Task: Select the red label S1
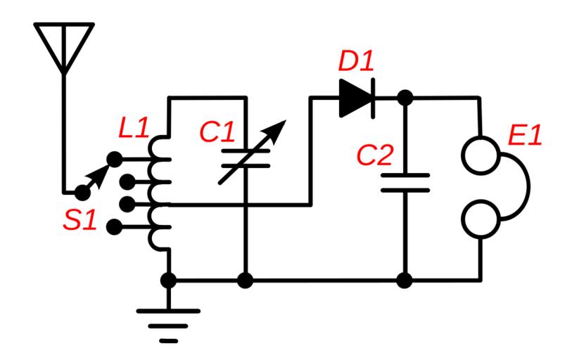[x=79, y=219]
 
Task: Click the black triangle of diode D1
[x=354, y=98]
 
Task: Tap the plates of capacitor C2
[x=405, y=182]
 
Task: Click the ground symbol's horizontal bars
[x=168, y=324]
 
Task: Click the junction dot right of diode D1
[x=405, y=98]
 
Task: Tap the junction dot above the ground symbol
[x=168, y=281]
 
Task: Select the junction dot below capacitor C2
[x=405, y=281]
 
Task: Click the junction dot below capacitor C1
[x=245, y=281]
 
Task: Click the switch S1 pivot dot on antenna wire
[x=83, y=191]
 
